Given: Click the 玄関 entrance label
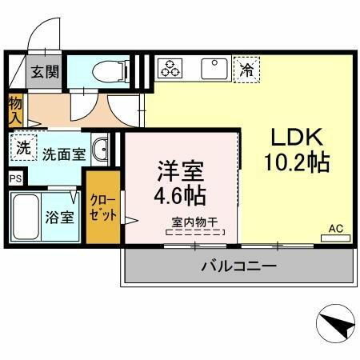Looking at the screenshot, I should point(46,71).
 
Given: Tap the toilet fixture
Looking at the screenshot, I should point(108,70).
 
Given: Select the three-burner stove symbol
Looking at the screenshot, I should point(170,68).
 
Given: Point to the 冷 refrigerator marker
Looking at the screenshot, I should point(246,69).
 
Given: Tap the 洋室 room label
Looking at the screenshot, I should point(180,170).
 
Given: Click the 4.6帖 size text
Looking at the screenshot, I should point(180,194).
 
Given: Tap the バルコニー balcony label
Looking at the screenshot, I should point(238,265).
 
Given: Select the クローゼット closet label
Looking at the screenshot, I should point(103,209).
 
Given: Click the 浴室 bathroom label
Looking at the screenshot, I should point(60,215).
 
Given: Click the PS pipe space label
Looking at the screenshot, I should point(15,178).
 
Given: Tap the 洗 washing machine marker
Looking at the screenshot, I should point(24,148).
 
